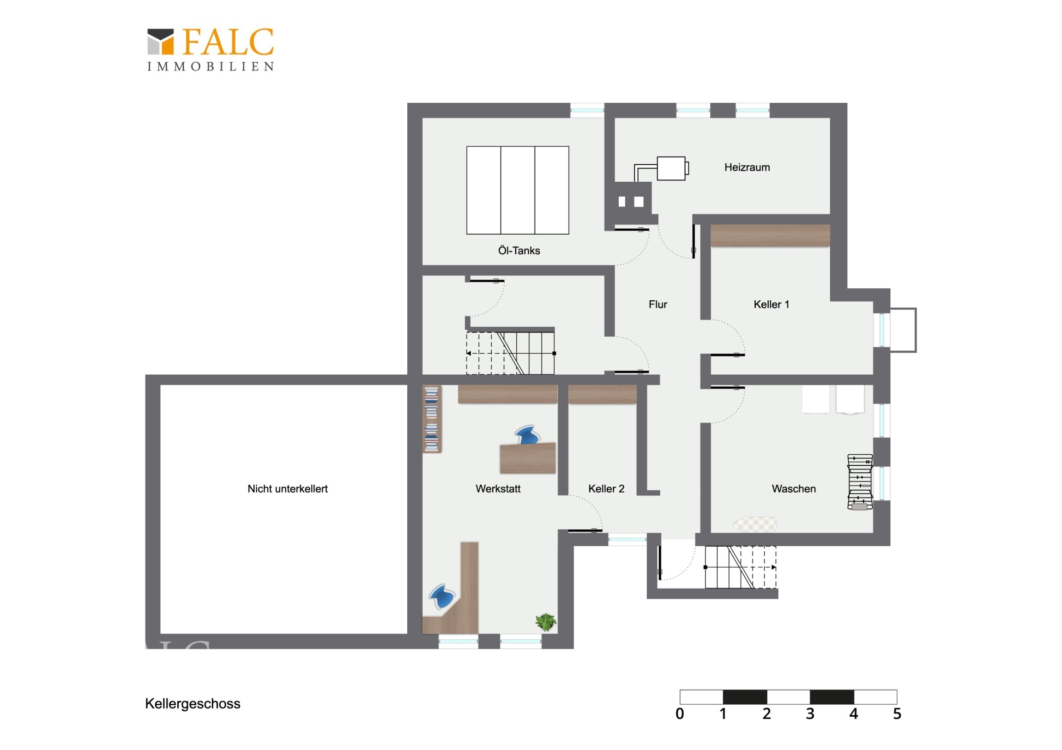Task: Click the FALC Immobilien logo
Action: [x=211, y=49]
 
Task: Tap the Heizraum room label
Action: [x=747, y=167]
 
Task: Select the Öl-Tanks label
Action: [x=519, y=250]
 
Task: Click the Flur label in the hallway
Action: [x=658, y=304]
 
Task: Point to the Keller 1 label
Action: [x=771, y=304]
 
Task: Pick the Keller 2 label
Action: [x=606, y=489]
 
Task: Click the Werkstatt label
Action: [x=498, y=489]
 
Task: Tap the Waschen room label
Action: [x=794, y=489]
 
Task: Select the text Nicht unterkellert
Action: [x=287, y=489]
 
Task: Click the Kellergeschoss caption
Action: [x=193, y=704]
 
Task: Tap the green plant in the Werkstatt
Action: [x=545, y=621]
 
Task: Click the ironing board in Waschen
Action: [x=754, y=524]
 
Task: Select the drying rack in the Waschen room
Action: [x=860, y=482]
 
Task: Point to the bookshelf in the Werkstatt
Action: [x=432, y=419]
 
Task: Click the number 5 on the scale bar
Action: [x=897, y=714]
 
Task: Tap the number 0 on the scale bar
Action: [x=680, y=714]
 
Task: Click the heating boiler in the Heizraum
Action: [x=671, y=168]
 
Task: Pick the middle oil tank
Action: [x=518, y=190]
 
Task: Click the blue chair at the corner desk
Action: [x=443, y=596]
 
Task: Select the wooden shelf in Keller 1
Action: [x=770, y=236]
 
